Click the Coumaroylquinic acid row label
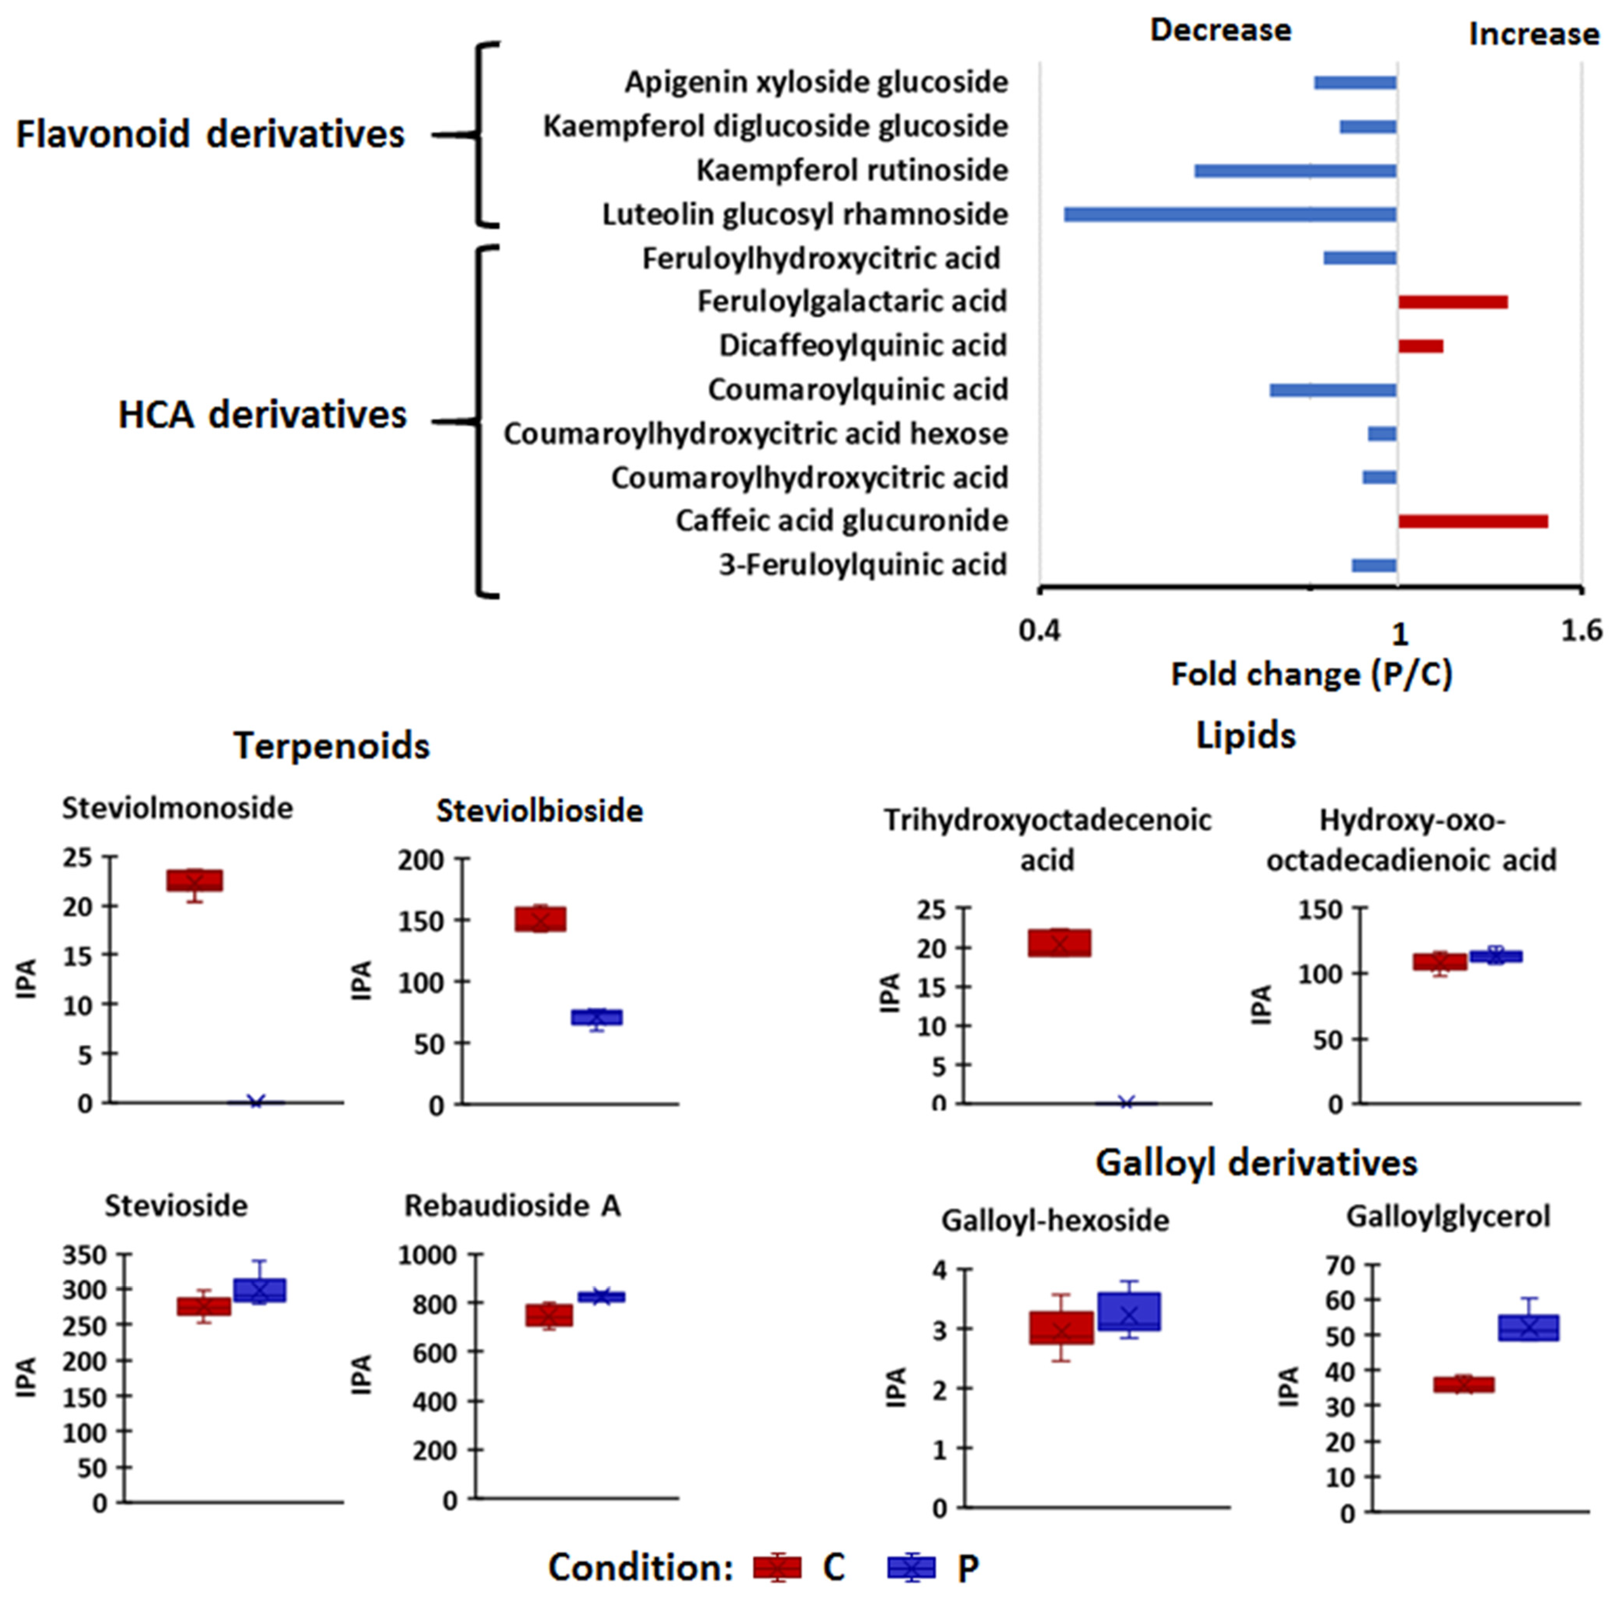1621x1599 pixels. point(858,390)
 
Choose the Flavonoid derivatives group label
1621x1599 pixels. point(211,134)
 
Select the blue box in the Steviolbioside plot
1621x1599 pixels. point(596,1017)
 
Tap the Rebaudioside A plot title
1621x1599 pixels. point(513,1206)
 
